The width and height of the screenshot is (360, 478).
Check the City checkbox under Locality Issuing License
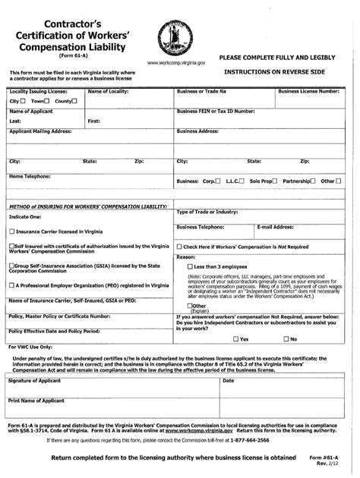[x=23, y=101]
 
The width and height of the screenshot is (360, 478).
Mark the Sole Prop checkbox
[x=276, y=181]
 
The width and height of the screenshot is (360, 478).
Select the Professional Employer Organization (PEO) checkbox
[x=11, y=285]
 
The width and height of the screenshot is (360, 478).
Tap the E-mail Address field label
[x=275, y=226]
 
